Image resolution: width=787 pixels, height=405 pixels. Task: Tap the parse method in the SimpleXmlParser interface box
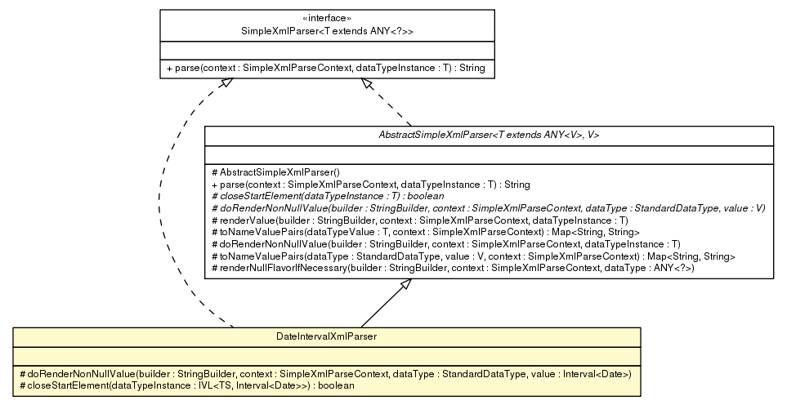coord(325,69)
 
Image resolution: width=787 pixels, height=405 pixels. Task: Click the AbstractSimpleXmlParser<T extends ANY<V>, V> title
coord(488,135)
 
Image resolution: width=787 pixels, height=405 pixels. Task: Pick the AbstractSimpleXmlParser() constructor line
coord(269,172)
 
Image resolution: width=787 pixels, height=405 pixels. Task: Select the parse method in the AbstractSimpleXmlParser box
coord(370,185)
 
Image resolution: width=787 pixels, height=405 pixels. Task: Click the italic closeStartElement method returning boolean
coord(326,196)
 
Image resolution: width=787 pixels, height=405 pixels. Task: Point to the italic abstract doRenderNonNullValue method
coord(487,208)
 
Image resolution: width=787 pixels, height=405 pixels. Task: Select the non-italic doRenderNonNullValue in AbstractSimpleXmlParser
coord(445,244)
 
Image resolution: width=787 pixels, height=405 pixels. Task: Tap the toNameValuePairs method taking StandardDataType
coord(473,256)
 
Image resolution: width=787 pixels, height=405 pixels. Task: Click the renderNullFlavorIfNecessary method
coord(452,269)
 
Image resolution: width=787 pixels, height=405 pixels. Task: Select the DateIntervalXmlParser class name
coord(326,336)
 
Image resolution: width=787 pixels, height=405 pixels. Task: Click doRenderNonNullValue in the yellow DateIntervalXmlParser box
coord(325,373)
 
